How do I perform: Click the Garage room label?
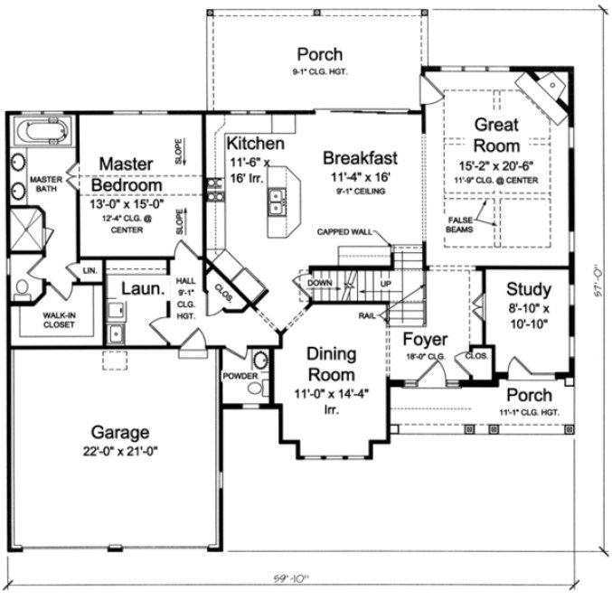(x=113, y=432)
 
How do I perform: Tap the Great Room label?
(x=496, y=135)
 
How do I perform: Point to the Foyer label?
(x=425, y=340)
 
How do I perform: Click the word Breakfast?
(x=360, y=158)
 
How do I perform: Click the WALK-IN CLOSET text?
(x=43, y=321)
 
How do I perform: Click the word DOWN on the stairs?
(x=320, y=282)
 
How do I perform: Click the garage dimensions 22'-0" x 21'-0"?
(x=113, y=449)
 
